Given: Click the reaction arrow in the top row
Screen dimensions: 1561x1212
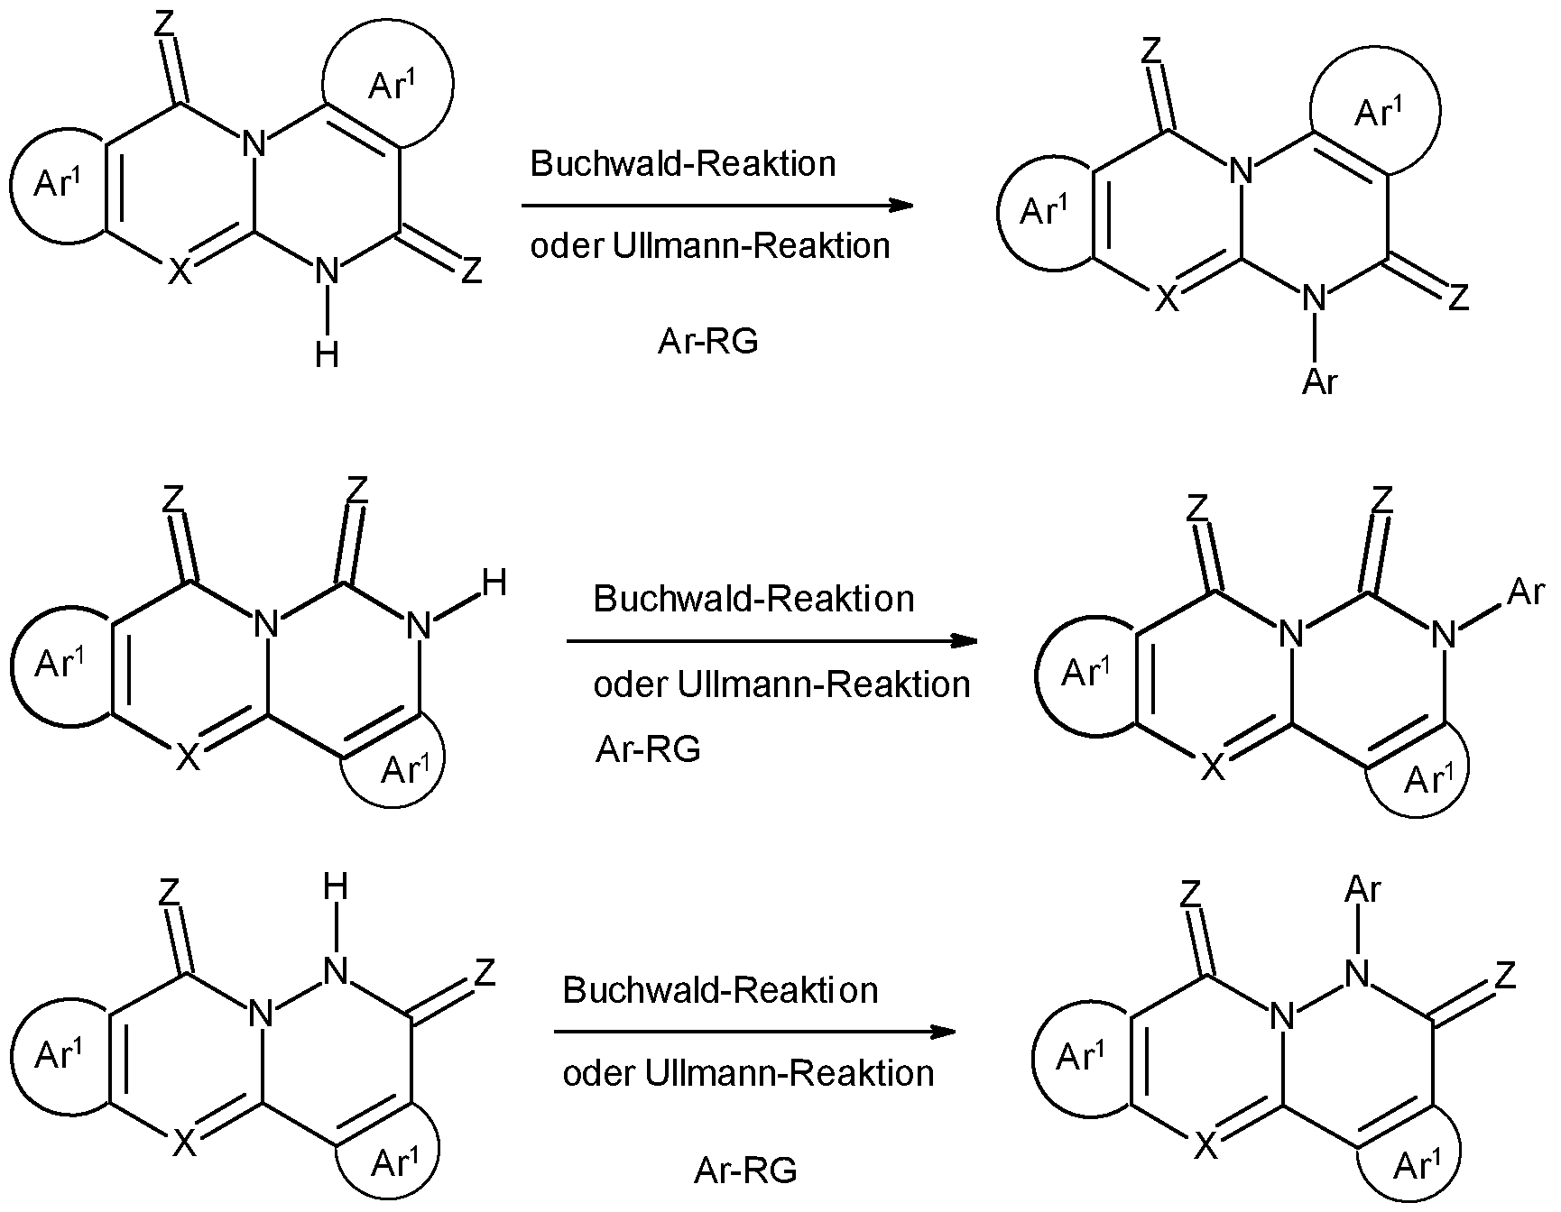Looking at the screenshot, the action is pos(717,206).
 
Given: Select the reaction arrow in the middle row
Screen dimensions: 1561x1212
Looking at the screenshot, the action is pos(772,642).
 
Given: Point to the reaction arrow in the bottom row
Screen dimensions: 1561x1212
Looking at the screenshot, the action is pos(755,1032).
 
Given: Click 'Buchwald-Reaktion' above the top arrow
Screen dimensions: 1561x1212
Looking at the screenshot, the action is pos(683,164).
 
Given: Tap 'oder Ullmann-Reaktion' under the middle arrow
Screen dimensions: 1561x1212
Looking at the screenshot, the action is pos(781,684).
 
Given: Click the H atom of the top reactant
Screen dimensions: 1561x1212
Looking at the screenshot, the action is pos(328,354).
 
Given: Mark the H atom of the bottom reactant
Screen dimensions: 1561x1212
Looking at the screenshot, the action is pos(335,888).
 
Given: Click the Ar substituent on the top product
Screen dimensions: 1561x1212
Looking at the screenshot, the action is pos(1319,382).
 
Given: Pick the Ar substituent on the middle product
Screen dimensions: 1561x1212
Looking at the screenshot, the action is pos(1526,592).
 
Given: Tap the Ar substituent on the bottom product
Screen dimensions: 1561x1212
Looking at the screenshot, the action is pos(1362,890).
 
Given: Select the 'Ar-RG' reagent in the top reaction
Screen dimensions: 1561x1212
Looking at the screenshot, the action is pos(707,342).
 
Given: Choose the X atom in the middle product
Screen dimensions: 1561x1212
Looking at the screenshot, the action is pos(1214,767).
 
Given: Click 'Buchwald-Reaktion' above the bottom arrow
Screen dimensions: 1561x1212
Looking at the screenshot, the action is pos(720,990).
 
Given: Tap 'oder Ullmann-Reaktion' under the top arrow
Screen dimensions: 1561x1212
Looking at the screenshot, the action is pos(710,245).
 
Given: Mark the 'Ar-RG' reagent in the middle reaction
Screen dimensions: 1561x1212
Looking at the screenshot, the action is pos(648,749).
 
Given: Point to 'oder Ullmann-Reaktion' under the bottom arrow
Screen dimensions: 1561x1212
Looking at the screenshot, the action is pos(748,1073).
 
